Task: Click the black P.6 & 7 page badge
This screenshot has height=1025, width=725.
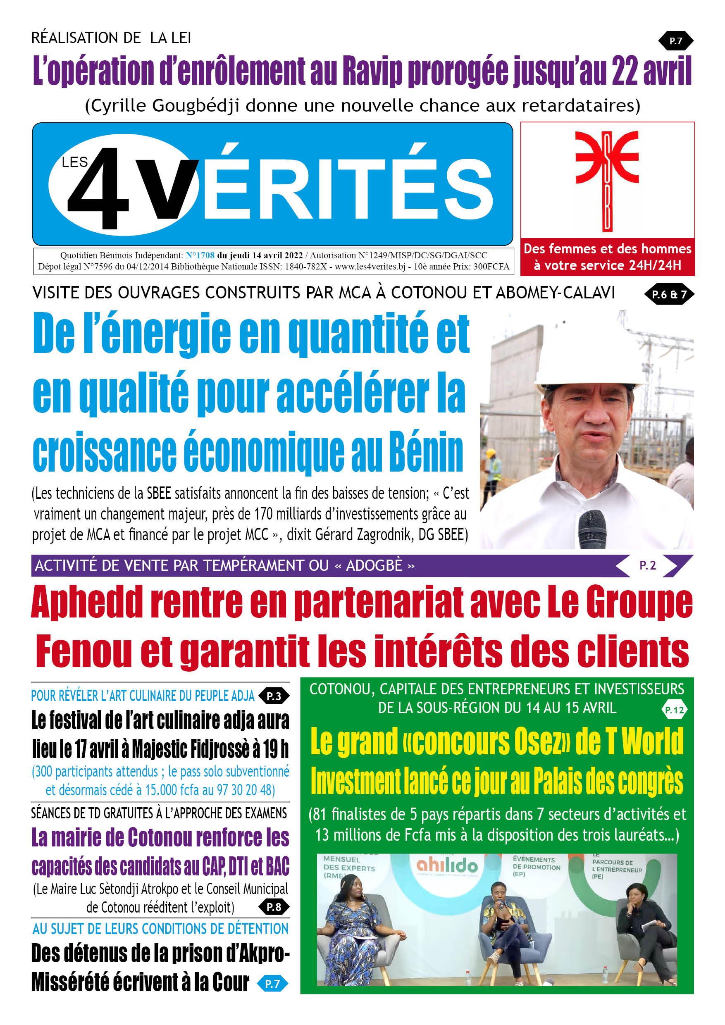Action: tap(669, 294)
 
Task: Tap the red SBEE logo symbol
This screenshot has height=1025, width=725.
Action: tap(607, 180)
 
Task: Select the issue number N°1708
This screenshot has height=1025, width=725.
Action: tap(200, 255)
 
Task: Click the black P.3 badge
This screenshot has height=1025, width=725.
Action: tap(274, 696)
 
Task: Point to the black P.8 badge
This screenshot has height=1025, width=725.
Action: tap(274, 907)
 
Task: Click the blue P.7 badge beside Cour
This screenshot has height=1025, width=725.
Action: tap(272, 984)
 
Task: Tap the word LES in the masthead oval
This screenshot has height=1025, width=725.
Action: tap(74, 162)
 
